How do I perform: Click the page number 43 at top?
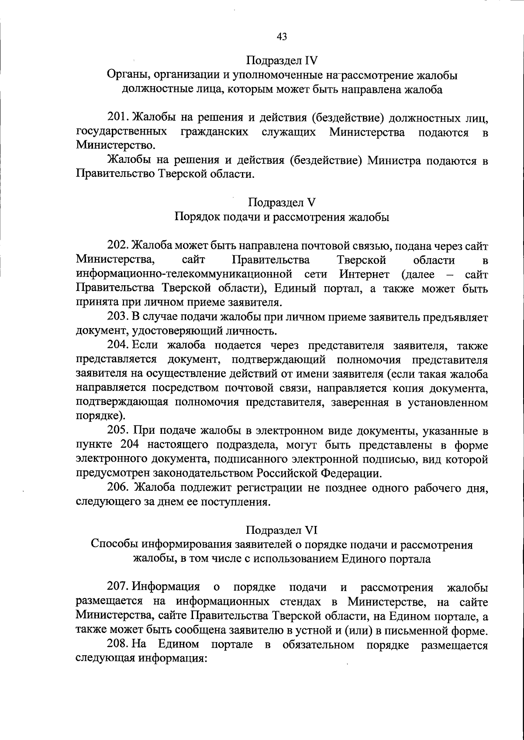click(282, 37)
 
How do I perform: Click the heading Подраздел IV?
click(282, 59)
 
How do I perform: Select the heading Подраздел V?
click(282, 202)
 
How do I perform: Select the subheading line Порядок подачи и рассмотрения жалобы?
click(282, 217)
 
